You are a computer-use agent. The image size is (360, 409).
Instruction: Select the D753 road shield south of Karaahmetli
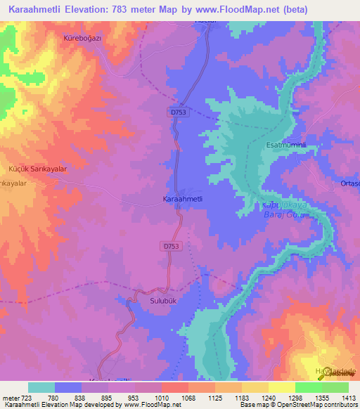(172, 246)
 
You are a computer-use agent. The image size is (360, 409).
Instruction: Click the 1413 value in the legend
(349, 397)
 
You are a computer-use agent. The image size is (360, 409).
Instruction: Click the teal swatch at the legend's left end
(41, 387)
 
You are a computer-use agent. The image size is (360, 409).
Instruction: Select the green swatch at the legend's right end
(335, 387)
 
